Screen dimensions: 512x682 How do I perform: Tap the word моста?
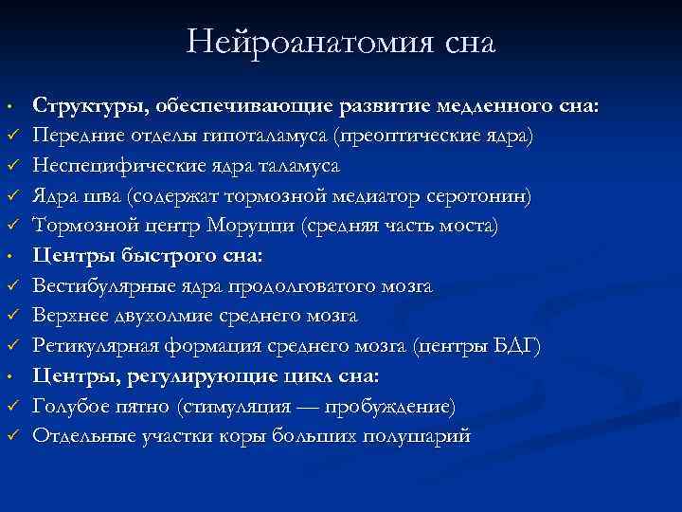(468, 227)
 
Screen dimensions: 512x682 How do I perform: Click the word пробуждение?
(391, 407)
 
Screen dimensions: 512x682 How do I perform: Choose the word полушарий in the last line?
(418, 436)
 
